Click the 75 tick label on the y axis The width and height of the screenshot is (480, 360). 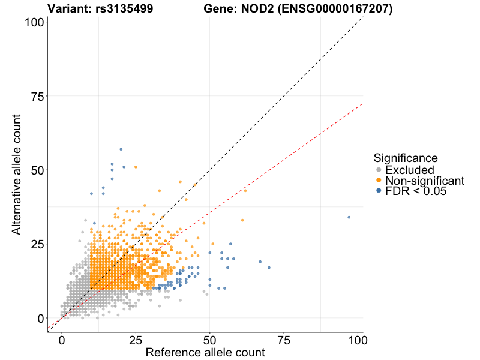[35, 96]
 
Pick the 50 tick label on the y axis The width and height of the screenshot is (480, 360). [35, 170]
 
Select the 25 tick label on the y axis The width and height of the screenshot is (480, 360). [35, 244]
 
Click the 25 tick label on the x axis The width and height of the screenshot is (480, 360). [136, 340]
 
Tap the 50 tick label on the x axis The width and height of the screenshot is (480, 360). [210, 340]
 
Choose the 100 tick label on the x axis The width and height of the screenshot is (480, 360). [358, 340]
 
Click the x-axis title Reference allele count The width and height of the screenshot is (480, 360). [205, 353]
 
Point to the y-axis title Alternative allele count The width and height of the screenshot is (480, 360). [18, 177]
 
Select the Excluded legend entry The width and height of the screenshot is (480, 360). [409, 170]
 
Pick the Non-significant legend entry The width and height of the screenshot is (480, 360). [424, 181]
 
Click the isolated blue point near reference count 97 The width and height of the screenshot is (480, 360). [349, 217]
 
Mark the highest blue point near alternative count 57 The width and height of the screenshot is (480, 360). [121, 149]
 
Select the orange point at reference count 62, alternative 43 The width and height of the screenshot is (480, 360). [245, 190]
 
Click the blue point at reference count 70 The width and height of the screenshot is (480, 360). [269, 268]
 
